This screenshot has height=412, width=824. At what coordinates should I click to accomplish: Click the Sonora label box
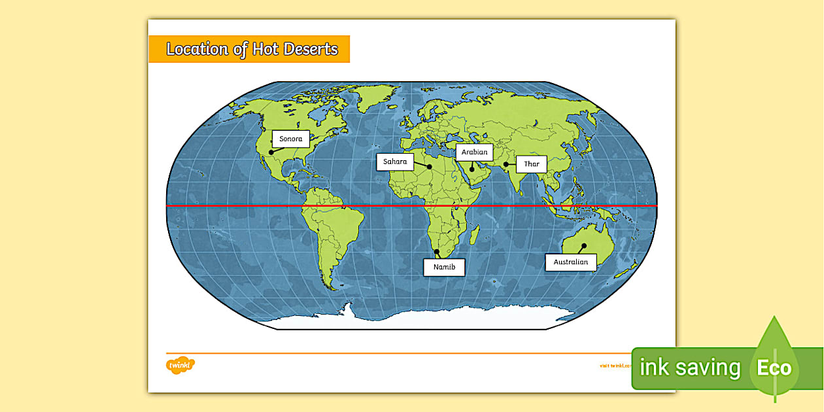291,139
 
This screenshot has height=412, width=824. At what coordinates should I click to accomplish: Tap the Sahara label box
395,162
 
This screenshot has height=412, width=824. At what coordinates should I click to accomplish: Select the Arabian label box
474,152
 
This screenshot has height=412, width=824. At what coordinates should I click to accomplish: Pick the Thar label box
531,164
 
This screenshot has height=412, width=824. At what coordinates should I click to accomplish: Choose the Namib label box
444,267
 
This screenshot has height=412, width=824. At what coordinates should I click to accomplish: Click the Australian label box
570,262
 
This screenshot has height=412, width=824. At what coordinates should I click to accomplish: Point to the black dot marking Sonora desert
271,152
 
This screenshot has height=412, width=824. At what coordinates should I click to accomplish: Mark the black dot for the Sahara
430,167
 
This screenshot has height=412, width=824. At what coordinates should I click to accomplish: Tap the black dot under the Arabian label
472,169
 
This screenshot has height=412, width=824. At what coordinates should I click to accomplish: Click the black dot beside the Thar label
506,164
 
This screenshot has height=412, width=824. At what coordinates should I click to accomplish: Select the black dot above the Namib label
437,252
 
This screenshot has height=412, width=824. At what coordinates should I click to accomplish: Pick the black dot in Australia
583,246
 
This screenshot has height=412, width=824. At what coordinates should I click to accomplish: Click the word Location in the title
197,49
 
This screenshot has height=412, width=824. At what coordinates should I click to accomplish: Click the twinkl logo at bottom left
181,364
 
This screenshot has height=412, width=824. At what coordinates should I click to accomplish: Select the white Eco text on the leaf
774,368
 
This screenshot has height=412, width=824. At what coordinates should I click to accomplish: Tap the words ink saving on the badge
689,368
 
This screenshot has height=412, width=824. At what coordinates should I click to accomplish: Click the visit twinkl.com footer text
615,366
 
